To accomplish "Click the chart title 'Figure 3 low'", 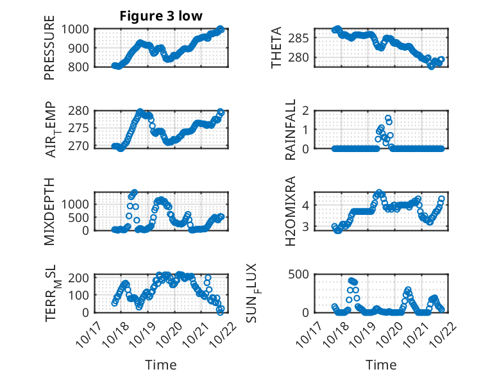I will tap(161, 16).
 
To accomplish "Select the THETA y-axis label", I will tap(276, 47).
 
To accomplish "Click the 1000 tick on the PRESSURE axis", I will tap(78, 29).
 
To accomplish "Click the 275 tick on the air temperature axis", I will tap(81, 129).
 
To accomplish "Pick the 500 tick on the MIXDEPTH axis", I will tap(81, 217).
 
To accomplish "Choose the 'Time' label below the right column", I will tap(381, 365).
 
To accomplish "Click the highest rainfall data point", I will tap(388, 118).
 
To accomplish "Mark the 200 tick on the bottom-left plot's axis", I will tap(81, 278).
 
